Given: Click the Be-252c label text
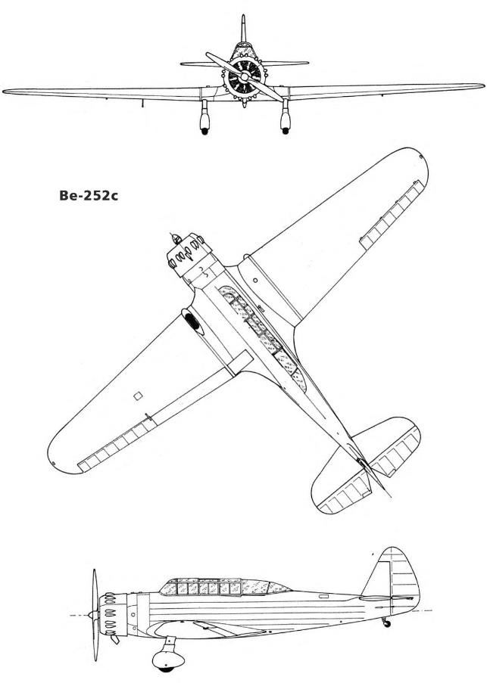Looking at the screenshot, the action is (89, 196).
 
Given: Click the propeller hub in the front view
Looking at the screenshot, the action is (245, 77).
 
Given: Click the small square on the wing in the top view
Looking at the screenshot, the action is (138, 396).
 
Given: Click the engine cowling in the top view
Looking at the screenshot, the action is (189, 256).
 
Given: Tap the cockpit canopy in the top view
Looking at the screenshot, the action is (264, 337).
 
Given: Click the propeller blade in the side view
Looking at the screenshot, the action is (95, 615).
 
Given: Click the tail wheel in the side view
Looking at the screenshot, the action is (386, 624).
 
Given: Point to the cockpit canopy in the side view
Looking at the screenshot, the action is (225, 587).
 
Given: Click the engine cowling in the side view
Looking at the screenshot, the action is (113, 614).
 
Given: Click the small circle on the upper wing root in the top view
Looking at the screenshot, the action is (255, 280).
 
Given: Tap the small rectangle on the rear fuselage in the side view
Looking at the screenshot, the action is (323, 596).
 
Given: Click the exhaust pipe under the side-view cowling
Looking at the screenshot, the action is (114, 639).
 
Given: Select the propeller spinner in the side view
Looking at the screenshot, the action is (92, 615).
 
